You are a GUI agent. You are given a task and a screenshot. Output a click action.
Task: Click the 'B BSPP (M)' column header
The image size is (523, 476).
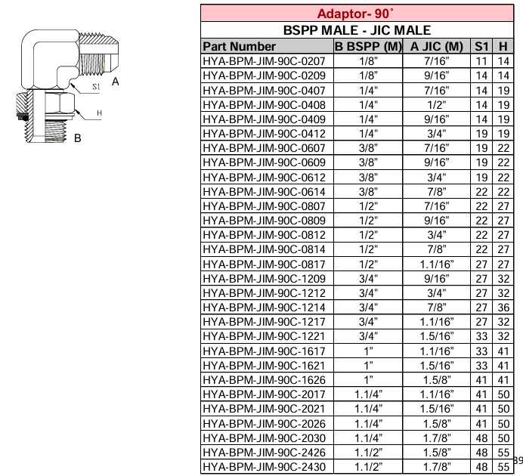click(367, 46)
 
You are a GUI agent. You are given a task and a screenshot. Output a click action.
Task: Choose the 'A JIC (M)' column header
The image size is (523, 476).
click(436, 46)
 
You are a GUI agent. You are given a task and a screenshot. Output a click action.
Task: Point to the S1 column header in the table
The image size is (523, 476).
click(481, 46)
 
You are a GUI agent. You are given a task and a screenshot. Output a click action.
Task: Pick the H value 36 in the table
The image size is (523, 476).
click(503, 308)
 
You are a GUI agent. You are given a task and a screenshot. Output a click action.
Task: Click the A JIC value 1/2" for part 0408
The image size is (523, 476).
click(436, 104)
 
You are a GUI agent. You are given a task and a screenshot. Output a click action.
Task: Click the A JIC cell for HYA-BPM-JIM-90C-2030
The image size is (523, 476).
click(436, 438)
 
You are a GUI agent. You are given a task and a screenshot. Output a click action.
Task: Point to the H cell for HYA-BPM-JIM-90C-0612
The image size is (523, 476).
click(503, 177)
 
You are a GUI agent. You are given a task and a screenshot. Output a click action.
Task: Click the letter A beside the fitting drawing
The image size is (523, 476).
click(115, 81)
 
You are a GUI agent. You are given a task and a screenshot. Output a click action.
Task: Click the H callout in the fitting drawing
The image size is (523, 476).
click(98, 114)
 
